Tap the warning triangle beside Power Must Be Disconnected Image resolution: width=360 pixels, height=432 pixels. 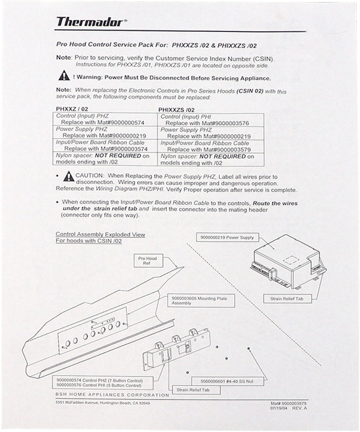(x=63, y=77)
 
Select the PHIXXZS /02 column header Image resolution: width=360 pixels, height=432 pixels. (x=177, y=110)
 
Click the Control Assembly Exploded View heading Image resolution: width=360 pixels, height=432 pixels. (x=100, y=235)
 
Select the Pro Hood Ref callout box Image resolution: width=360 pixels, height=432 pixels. (x=147, y=261)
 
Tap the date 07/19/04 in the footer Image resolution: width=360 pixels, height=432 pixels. (x=279, y=409)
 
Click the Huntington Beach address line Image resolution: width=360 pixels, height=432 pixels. (x=103, y=403)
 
